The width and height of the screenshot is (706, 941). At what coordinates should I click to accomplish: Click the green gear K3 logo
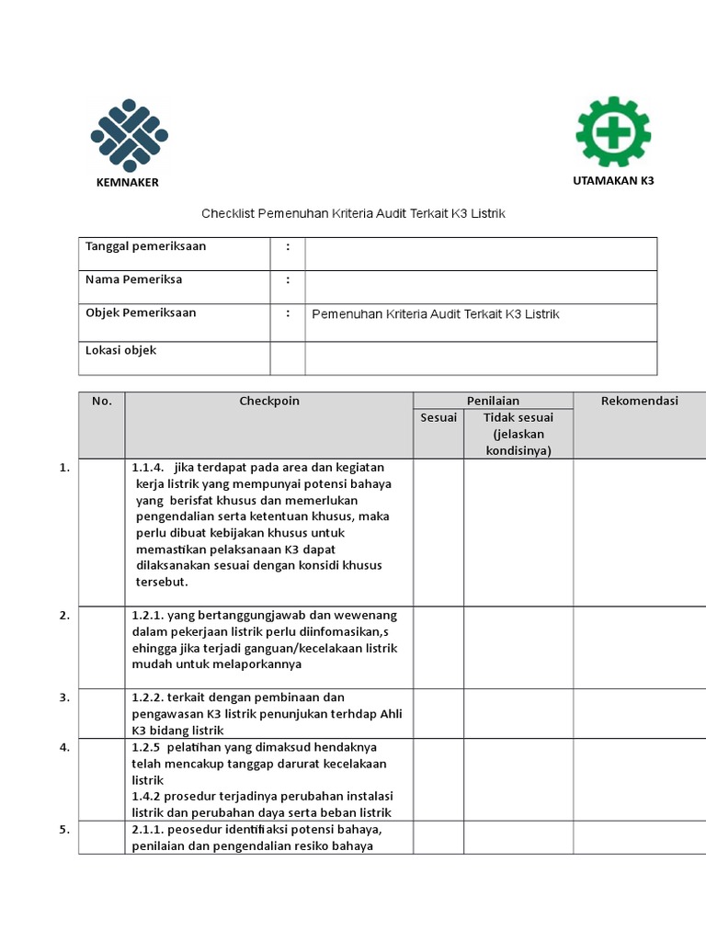(613, 132)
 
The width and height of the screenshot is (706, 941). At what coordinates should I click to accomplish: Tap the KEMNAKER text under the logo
(128, 182)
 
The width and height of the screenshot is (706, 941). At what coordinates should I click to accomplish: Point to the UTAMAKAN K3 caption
(613, 180)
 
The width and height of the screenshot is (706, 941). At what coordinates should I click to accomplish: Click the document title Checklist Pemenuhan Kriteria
(354, 213)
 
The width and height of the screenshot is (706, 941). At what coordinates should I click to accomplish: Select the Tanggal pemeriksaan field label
(145, 246)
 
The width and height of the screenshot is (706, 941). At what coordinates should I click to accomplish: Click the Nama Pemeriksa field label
(133, 279)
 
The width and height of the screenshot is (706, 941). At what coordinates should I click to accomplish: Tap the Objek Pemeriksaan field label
(141, 312)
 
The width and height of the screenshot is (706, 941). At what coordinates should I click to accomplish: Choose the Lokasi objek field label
(120, 350)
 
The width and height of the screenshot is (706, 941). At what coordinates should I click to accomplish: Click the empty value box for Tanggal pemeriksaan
(481, 254)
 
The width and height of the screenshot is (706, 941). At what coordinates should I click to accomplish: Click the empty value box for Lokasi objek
(481, 357)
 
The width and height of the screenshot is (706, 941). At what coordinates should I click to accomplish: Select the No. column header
(101, 401)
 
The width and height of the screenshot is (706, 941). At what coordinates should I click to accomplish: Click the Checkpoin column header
(269, 401)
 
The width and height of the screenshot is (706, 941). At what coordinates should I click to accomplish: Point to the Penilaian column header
(493, 401)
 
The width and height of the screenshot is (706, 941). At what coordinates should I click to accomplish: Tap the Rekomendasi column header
(639, 401)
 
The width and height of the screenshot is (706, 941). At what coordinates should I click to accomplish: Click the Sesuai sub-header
(438, 418)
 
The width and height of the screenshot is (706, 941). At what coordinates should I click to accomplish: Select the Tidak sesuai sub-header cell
(518, 433)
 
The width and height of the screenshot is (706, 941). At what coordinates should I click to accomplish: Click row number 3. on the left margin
(64, 697)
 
